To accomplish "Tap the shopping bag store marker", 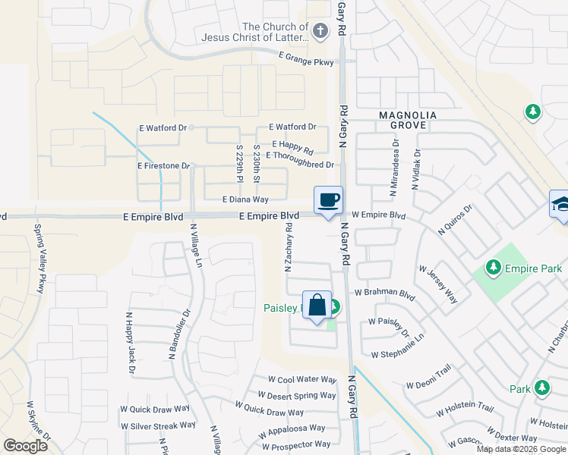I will [x=317, y=306].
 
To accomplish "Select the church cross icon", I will [x=320, y=31].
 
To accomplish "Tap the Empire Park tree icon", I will [x=494, y=268].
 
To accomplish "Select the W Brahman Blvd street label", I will [x=385, y=293].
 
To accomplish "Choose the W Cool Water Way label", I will [x=302, y=380].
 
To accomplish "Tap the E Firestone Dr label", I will [x=163, y=165].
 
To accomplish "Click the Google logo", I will [x=26, y=445].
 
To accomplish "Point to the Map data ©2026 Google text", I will [x=520, y=449].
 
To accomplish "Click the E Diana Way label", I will [x=245, y=199].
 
